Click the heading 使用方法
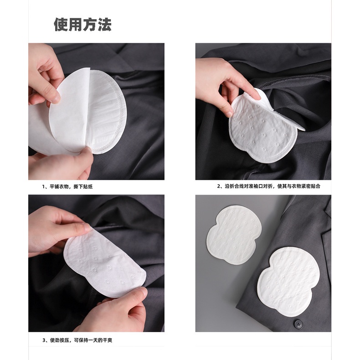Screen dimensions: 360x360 click(x=82, y=25)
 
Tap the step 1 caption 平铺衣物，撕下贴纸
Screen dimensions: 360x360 click(x=69, y=186)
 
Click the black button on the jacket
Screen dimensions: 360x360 click(x=298, y=323)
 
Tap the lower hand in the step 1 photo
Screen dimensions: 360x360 click(x=64, y=166)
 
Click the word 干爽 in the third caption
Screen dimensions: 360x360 click(x=117, y=340)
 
